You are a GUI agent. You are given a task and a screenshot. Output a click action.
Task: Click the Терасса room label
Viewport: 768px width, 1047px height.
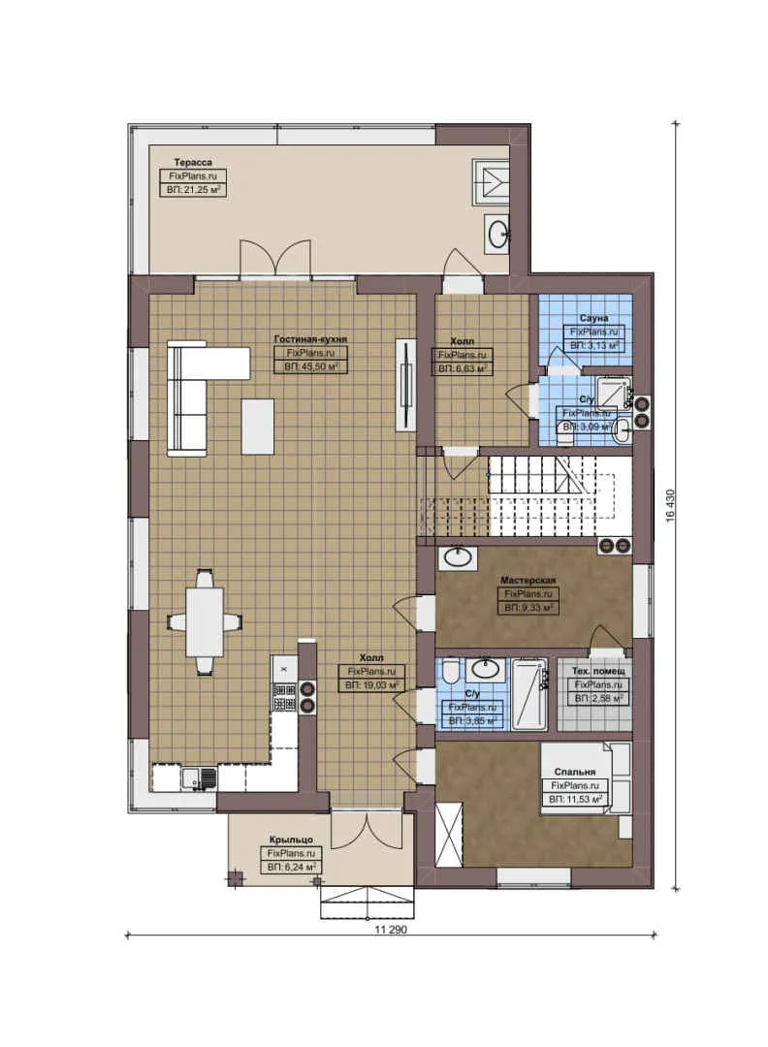193,162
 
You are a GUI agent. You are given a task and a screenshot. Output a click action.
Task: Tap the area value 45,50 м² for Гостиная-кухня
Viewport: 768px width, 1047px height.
310,367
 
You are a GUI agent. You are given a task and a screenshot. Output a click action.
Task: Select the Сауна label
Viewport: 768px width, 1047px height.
593,318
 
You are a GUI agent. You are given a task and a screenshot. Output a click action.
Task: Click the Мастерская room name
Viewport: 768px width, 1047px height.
528,581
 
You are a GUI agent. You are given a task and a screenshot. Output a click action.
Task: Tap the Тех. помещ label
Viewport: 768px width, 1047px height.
597,671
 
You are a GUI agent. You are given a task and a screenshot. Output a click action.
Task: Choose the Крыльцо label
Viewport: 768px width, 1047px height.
290,840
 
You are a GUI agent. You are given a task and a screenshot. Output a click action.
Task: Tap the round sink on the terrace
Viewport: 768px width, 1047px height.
498,233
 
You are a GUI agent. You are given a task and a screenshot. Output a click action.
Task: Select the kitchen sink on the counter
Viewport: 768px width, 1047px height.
199,777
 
